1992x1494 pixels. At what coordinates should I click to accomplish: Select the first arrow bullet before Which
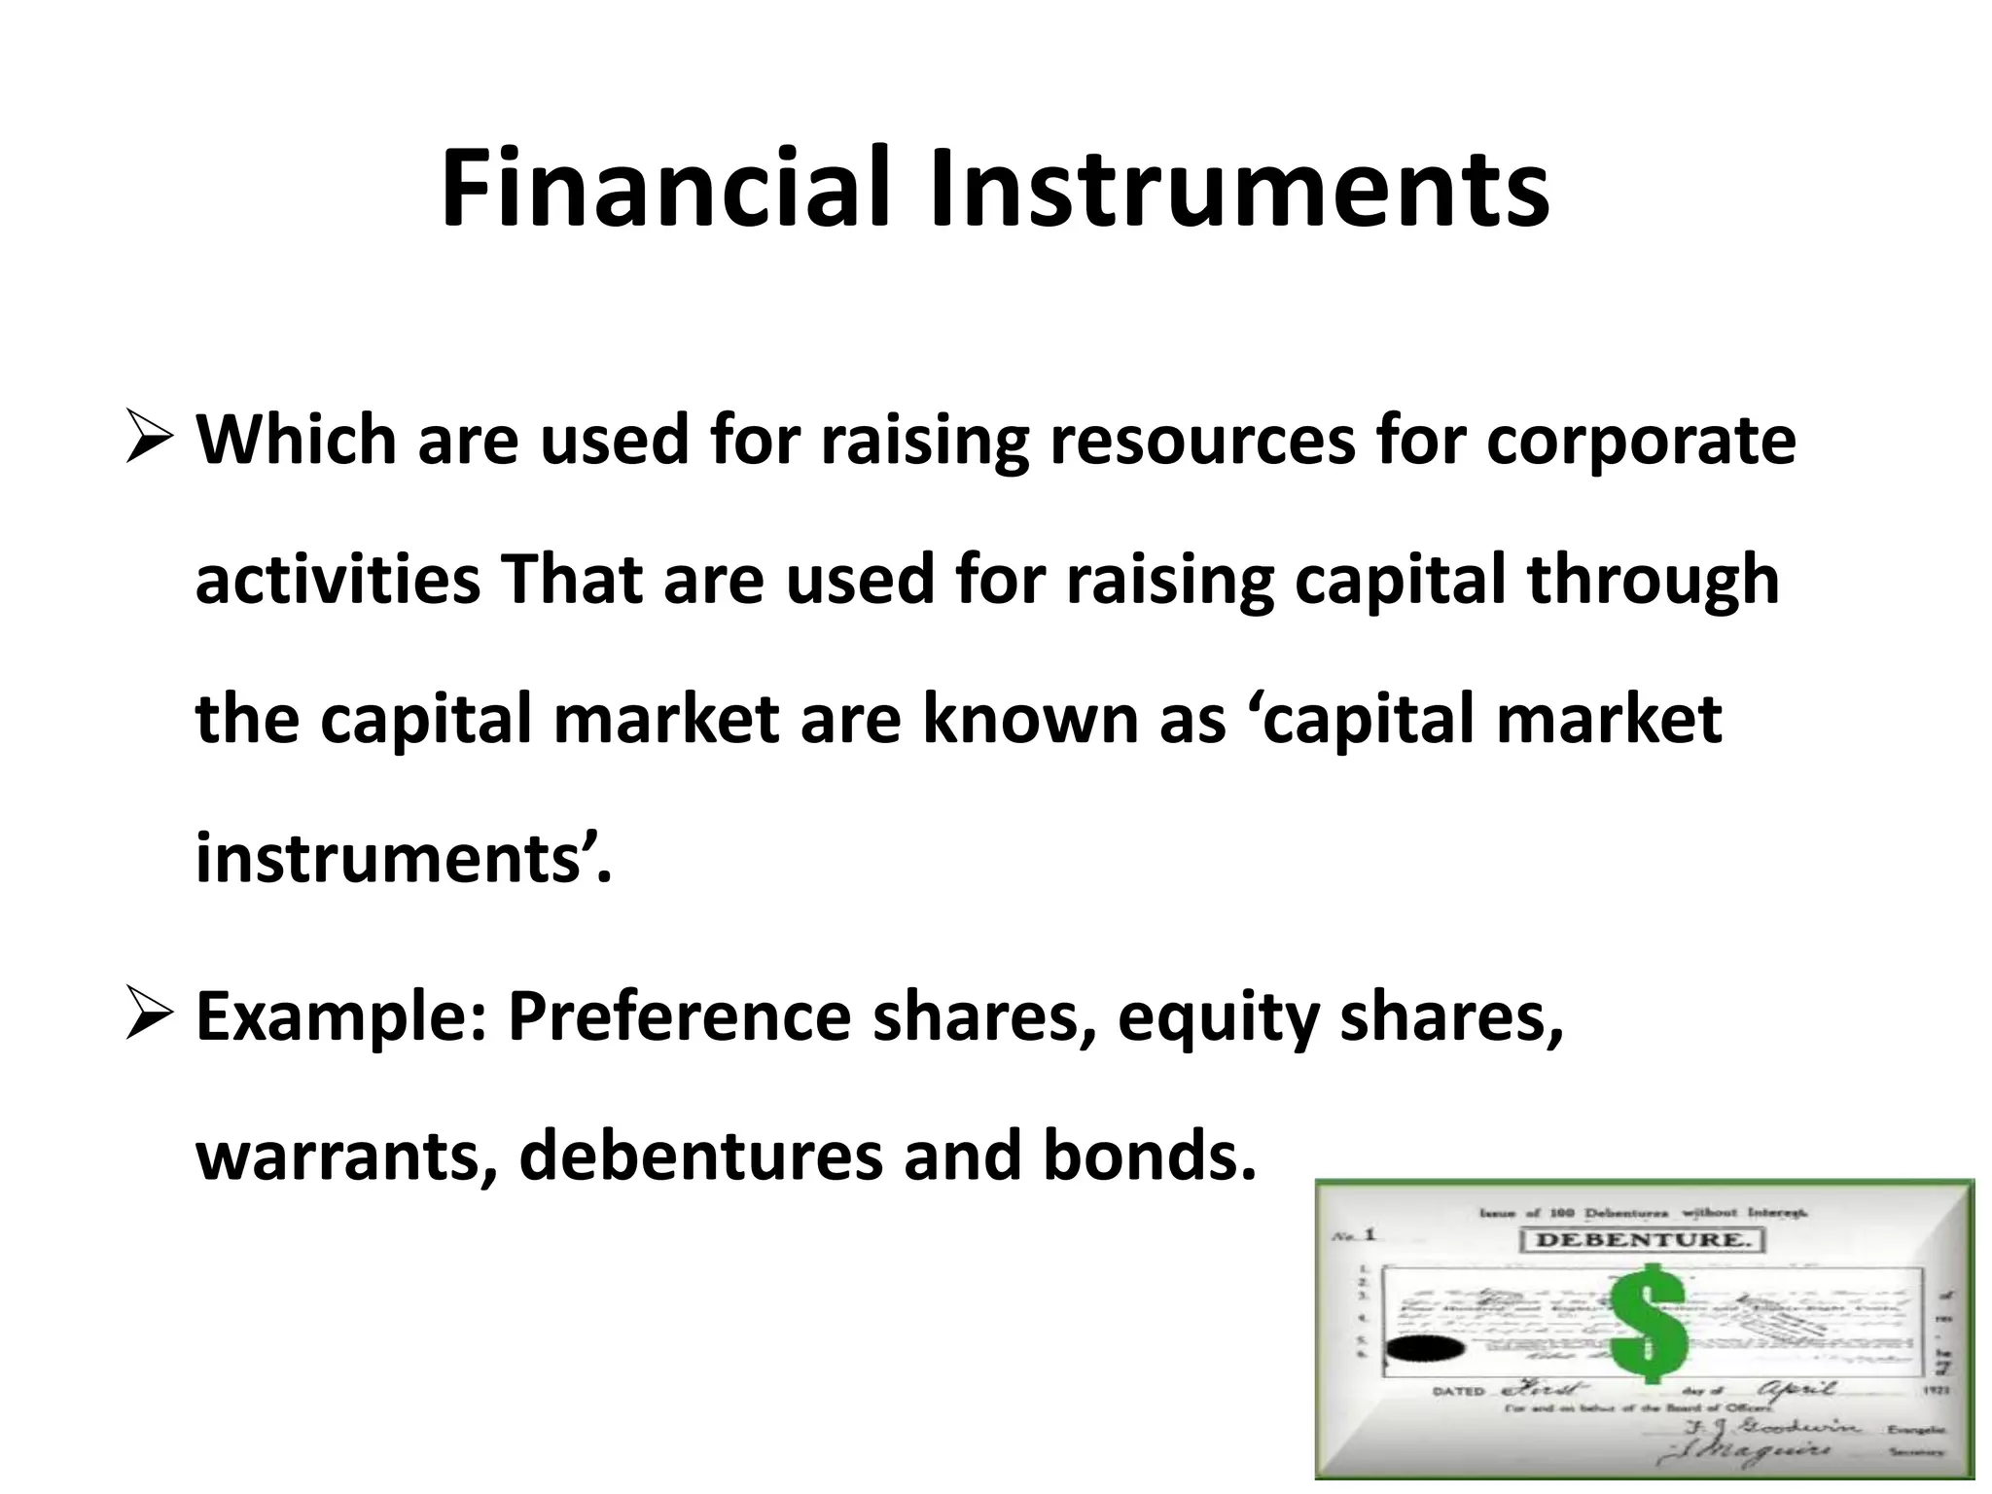[150, 440]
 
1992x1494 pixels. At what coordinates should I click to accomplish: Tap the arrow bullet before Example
[150, 1016]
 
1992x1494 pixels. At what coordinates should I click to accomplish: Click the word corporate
[1641, 440]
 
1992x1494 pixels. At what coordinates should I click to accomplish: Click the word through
[1653, 580]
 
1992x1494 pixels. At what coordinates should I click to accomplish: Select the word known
[1025, 720]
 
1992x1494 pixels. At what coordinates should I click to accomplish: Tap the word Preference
[678, 1016]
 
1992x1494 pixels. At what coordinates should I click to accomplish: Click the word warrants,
[347, 1156]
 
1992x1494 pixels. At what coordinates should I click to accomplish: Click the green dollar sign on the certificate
[1648, 1323]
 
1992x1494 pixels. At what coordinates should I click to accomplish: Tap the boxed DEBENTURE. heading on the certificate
[1641, 1240]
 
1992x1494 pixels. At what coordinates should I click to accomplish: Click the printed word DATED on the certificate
[1459, 1391]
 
